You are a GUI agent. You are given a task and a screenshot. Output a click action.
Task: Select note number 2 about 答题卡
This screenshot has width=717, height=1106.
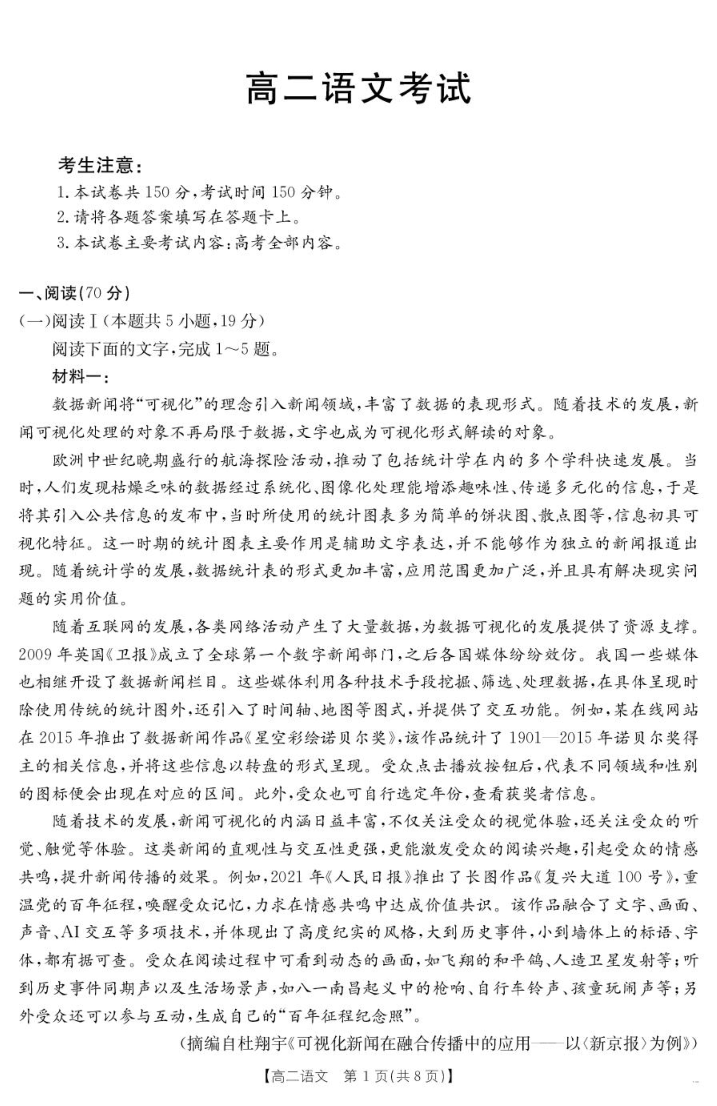(178, 217)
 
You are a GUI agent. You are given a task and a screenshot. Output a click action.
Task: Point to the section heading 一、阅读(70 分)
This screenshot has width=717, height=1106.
(74, 293)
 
